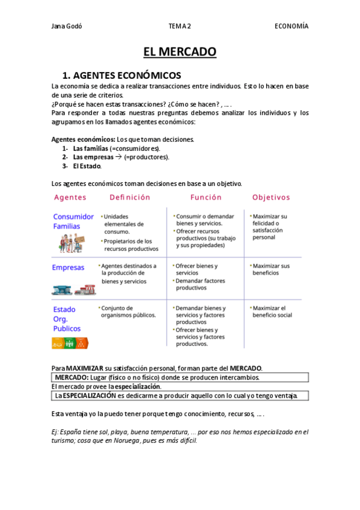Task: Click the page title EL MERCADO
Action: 180,52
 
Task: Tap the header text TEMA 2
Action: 180,26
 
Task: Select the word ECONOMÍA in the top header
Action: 291,26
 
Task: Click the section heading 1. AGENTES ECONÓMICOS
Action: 121,75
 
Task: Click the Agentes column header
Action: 70,197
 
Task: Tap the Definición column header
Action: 130,197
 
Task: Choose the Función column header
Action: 206,197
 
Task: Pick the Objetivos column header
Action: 271,197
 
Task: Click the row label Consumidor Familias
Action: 73,221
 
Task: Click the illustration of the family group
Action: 72,242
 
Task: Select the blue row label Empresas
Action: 68,268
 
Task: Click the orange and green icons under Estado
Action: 71,343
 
